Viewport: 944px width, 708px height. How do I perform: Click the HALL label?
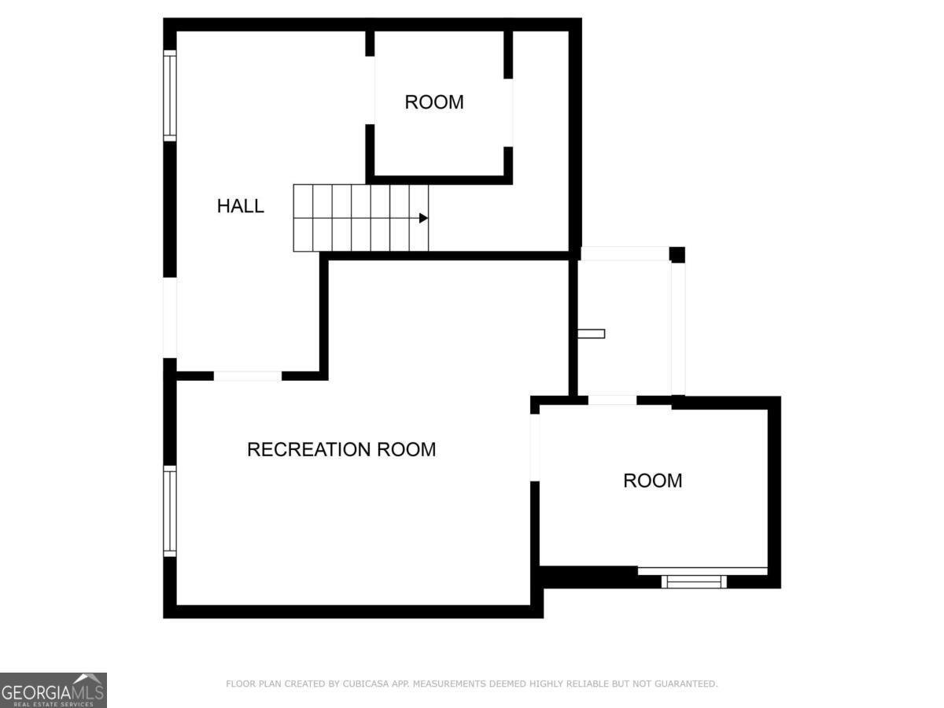tap(240, 206)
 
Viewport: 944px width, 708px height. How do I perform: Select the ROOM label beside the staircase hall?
tap(434, 102)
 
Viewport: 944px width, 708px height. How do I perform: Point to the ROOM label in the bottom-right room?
tap(652, 481)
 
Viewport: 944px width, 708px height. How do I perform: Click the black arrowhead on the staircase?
tap(423, 218)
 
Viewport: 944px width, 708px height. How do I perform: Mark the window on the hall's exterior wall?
tap(169, 95)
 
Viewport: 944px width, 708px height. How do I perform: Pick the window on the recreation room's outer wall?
tap(169, 511)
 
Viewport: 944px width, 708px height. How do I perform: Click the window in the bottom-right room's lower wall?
tap(693, 581)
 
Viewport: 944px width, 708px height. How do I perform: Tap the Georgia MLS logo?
tap(53, 690)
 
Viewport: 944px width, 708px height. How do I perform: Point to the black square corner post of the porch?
tap(677, 255)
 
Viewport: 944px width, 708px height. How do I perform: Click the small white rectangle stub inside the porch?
tap(592, 334)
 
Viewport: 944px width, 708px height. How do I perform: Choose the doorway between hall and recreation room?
tap(247, 376)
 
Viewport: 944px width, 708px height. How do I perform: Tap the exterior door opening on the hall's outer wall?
tap(169, 317)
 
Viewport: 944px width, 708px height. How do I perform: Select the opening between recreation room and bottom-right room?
tap(535, 447)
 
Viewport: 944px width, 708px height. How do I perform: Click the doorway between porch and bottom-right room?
tap(612, 400)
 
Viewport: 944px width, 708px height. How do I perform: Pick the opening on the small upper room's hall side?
tap(370, 90)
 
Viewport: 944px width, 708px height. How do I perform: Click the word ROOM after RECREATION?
tap(406, 449)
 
